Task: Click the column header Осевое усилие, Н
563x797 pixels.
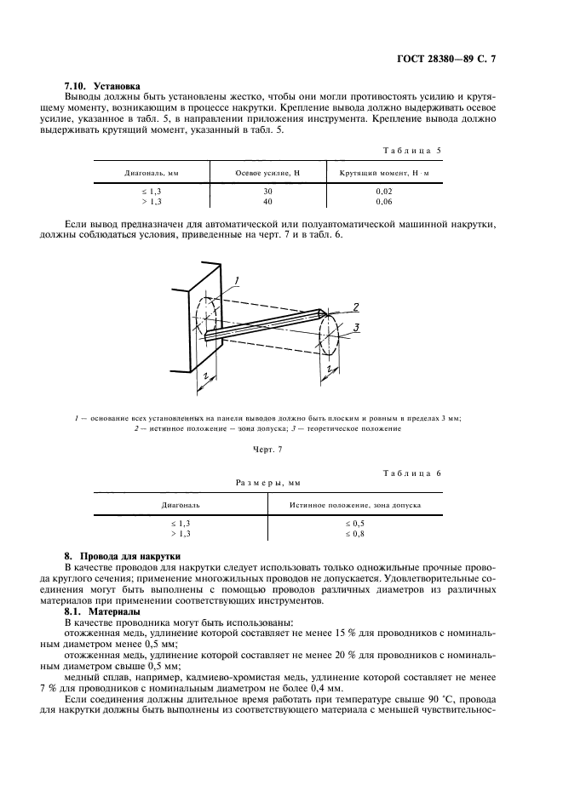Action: (x=267, y=173)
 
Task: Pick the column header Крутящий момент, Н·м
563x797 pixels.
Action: (x=383, y=173)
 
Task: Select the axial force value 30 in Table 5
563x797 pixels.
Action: (x=267, y=192)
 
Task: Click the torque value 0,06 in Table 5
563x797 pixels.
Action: (x=383, y=202)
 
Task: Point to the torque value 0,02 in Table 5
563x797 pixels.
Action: (x=383, y=192)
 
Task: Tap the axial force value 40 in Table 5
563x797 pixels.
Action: (x=267, y=202)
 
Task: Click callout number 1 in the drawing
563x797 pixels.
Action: (x=238, y=280)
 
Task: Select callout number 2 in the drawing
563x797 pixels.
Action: (x=357, y=307)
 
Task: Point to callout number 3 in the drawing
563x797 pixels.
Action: (x=357, y=326)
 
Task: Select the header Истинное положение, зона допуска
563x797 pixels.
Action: (x=366, y=504)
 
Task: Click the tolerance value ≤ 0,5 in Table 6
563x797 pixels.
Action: (x=355, y=523)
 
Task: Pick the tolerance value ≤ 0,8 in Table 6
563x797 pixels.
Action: (x=355, y=533)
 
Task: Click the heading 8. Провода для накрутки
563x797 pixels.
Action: (x=116, y=555)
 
